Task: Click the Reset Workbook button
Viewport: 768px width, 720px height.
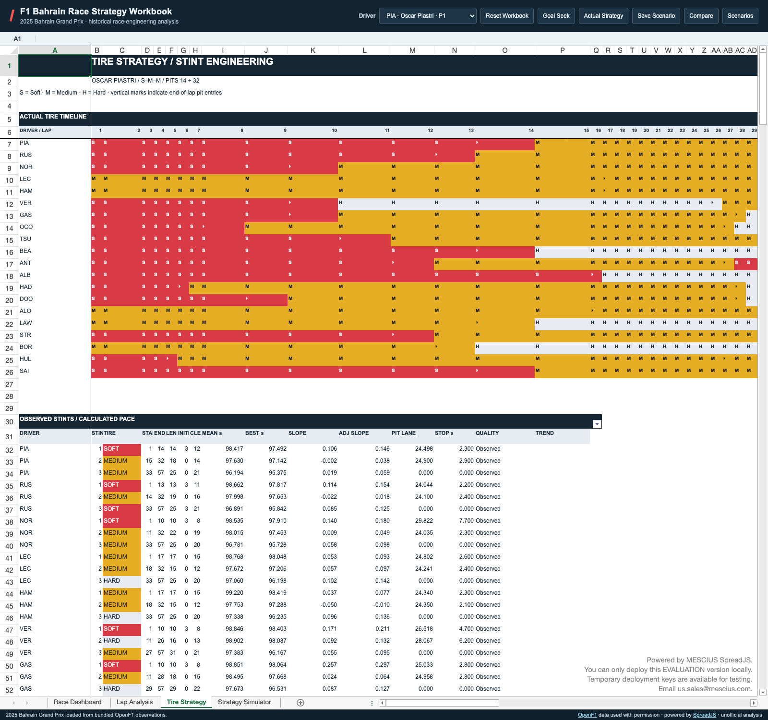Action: (x=507, y=16)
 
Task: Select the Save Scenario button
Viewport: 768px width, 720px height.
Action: (x=656, y=16)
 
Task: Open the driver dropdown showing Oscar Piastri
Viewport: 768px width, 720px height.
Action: (x=428, y=16)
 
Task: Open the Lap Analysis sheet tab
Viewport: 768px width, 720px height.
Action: (x=134, y=702)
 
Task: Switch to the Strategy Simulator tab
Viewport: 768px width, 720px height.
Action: (x=244, y=702)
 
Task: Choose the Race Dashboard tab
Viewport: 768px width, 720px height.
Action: (x=78, y=702)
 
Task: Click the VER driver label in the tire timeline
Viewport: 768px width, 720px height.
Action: (x=25, y=203)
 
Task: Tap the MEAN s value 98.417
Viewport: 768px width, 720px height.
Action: (x=234, y=449)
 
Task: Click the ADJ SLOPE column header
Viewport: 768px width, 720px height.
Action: (x=354, y=433)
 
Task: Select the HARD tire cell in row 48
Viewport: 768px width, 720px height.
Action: (x=112, y=641)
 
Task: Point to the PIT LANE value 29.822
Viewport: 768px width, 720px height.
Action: (x=424, y=521)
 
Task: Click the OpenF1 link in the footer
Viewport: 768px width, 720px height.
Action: (x=587, y=715)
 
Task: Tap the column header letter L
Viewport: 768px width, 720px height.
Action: (x=364, y=50)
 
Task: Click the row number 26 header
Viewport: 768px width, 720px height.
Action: (x=9, y=372)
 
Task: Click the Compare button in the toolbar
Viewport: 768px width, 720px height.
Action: (x=701, y=16)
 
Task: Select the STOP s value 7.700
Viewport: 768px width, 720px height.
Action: (x=467, y=521)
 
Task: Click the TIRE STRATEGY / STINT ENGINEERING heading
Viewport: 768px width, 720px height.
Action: (x=182, y=61)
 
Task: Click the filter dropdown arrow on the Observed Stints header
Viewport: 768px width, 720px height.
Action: (x=597, y=424)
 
